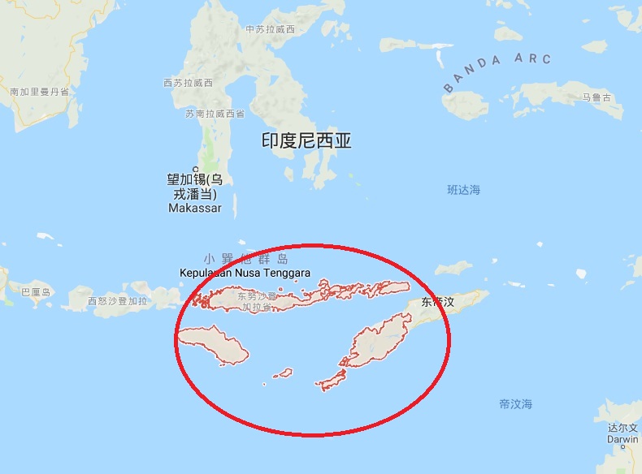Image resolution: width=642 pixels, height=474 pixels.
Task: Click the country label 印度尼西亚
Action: pos(306,140)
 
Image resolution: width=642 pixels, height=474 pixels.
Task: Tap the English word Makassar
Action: pos(194,209)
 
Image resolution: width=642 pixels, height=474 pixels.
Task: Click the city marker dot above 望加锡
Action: pos(195,169)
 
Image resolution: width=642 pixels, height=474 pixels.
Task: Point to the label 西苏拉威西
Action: pos(188,84)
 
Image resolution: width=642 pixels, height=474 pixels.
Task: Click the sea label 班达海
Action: pos(464,190)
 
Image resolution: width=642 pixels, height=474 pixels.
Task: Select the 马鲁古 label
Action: pos(596,98)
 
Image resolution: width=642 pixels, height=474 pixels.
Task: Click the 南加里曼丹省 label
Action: pos(39,93)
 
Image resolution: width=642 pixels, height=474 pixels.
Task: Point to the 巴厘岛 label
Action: pos(36,292)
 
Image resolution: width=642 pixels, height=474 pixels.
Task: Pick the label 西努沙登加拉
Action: pos(119,302)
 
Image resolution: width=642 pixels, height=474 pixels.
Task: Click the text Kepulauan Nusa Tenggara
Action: pos(245,274)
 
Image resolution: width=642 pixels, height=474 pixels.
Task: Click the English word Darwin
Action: pos(622,440)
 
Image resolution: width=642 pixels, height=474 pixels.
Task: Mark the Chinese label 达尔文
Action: pos(622,428)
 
